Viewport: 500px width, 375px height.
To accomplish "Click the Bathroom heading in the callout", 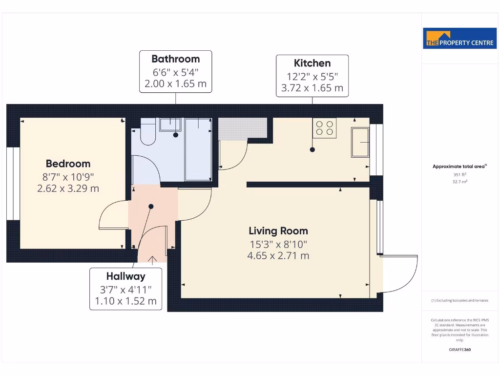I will click(175, 59).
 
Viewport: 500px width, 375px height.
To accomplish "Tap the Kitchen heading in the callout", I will click(312, 63).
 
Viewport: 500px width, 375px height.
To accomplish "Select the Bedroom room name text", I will click(68, 164).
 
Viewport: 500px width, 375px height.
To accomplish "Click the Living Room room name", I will click(278, 231).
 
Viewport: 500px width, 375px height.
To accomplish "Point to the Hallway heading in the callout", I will click(125, 276).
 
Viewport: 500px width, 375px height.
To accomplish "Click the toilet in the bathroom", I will click(147, 133).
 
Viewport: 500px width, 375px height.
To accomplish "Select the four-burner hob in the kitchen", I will click(325, 128).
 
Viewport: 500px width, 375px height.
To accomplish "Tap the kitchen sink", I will click(360, 142).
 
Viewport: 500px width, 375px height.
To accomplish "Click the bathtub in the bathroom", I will click(198, 149).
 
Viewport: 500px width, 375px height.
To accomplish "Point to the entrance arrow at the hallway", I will click(152, 259).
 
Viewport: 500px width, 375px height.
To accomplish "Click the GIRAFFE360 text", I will click(460, 350).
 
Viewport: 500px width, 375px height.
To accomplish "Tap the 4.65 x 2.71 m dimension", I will click(278, 255).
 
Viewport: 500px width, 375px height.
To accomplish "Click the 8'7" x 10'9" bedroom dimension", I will click(68, 177).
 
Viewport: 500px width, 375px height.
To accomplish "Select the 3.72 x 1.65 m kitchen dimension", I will click(312, 88).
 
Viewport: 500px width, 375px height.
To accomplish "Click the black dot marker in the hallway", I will click(151, 207).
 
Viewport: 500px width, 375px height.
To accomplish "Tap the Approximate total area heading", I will click(459, 167).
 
